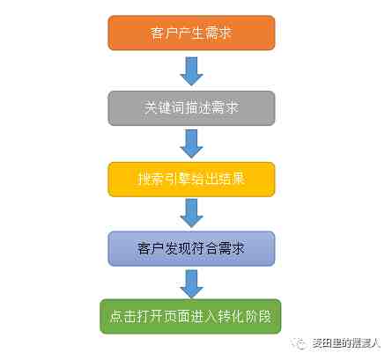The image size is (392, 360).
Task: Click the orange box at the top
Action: pos(191,33)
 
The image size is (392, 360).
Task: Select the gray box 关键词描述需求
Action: pos(191,108)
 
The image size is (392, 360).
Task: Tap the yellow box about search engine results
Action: pos(191,180)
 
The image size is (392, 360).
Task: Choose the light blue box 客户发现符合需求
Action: pos(191,249)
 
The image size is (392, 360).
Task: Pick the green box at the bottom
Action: pos(190,317)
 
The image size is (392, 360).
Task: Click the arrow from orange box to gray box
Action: pos(191,71)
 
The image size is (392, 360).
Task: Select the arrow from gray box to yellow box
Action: pos(191,143)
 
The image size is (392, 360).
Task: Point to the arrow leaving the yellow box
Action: pos(191,213)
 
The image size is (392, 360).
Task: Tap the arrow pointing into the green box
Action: pos(191,283)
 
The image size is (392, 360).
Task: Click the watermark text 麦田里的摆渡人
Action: pos(346,343)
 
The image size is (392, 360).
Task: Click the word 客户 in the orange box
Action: pos(163,33)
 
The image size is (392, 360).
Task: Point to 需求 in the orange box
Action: pos(219,33)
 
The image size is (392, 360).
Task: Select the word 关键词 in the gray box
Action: pos(164,107)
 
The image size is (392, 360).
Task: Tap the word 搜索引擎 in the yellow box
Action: pos(164,179)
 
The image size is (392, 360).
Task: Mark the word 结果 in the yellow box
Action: pos(231,179)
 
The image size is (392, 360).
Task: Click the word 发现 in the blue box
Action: pos(177,248)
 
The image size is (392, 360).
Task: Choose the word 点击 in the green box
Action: pos(122,317)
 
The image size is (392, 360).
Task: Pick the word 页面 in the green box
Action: pos(176,317)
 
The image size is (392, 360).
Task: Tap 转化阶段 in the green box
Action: pos(244,317)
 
